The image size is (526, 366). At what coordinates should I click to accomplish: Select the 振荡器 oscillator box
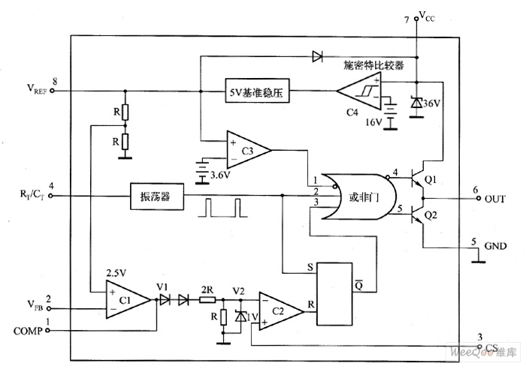[x=157, y=196]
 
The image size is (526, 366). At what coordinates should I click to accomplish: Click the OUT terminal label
[x=495, y=198]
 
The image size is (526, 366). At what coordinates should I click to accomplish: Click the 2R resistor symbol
[x=208, y=298]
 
